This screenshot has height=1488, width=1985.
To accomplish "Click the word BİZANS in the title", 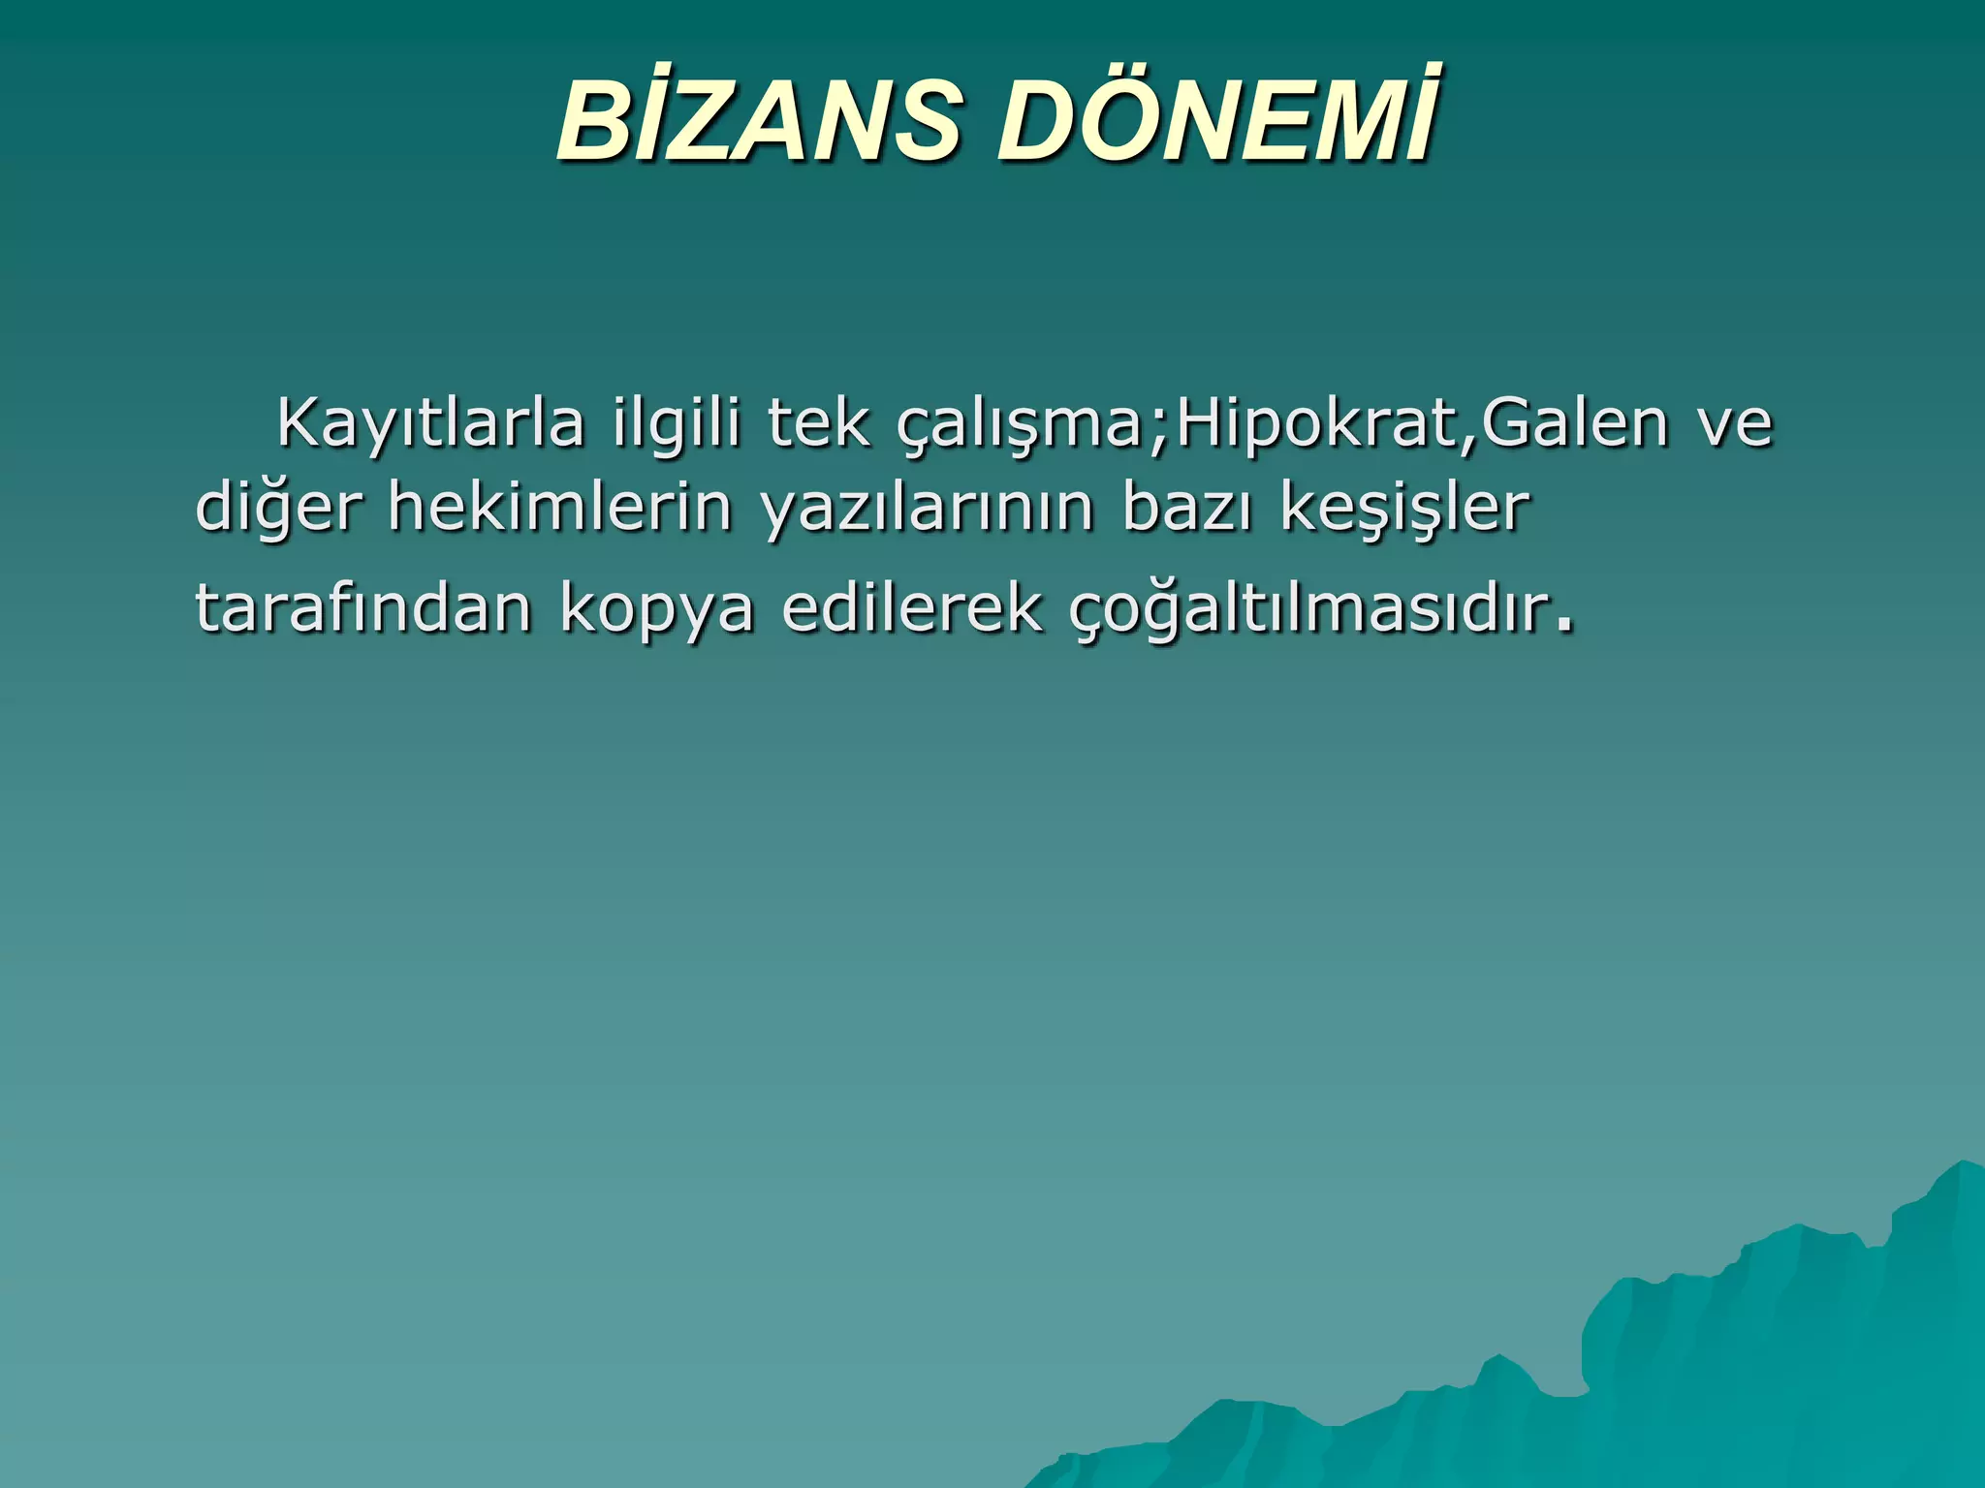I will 757,120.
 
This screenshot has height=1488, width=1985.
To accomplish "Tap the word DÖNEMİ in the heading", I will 1216,120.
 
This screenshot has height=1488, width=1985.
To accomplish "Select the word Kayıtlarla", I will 430,423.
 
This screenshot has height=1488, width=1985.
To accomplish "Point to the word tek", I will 819,423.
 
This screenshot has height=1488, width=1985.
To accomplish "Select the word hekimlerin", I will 559,507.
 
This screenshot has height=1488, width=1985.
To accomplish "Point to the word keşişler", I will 1404,507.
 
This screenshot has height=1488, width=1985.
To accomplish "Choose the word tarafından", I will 363,607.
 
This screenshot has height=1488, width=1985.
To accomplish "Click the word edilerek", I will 912,607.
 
